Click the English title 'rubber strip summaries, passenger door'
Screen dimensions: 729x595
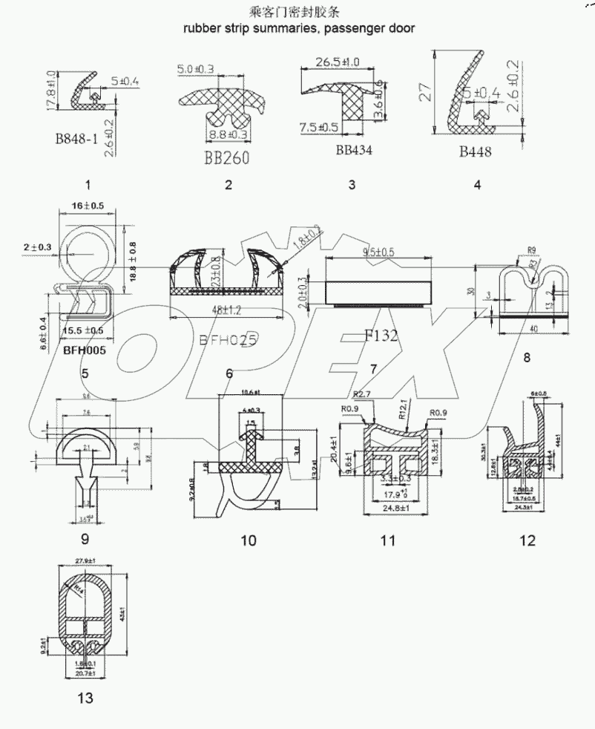coord(298,28)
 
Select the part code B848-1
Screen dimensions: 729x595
coord(76,138)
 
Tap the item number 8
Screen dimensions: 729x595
coord(527,358)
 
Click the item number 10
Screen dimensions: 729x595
coord(249,540)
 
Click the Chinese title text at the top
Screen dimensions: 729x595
coord(298,13)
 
